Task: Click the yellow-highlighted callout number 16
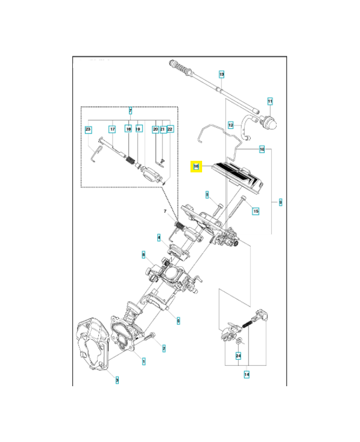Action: [x=195, y=166]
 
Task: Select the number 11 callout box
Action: [x=270, y=101]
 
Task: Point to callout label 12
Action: [x=231, y=125]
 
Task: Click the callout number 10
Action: [x=262, y=149]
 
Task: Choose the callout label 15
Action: [x=255, y=211]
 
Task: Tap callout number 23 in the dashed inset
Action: [x=88, y=129]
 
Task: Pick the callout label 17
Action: [x=112, y=129]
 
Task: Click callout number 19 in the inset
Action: [x=139, y=129]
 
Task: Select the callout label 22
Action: [x=170, y=129]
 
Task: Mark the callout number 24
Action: [x=239, y=356]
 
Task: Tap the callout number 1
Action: [x=144, y=361]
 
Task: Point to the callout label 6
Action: [x=178, y=320]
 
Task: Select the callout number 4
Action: [x=159, y=238]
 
